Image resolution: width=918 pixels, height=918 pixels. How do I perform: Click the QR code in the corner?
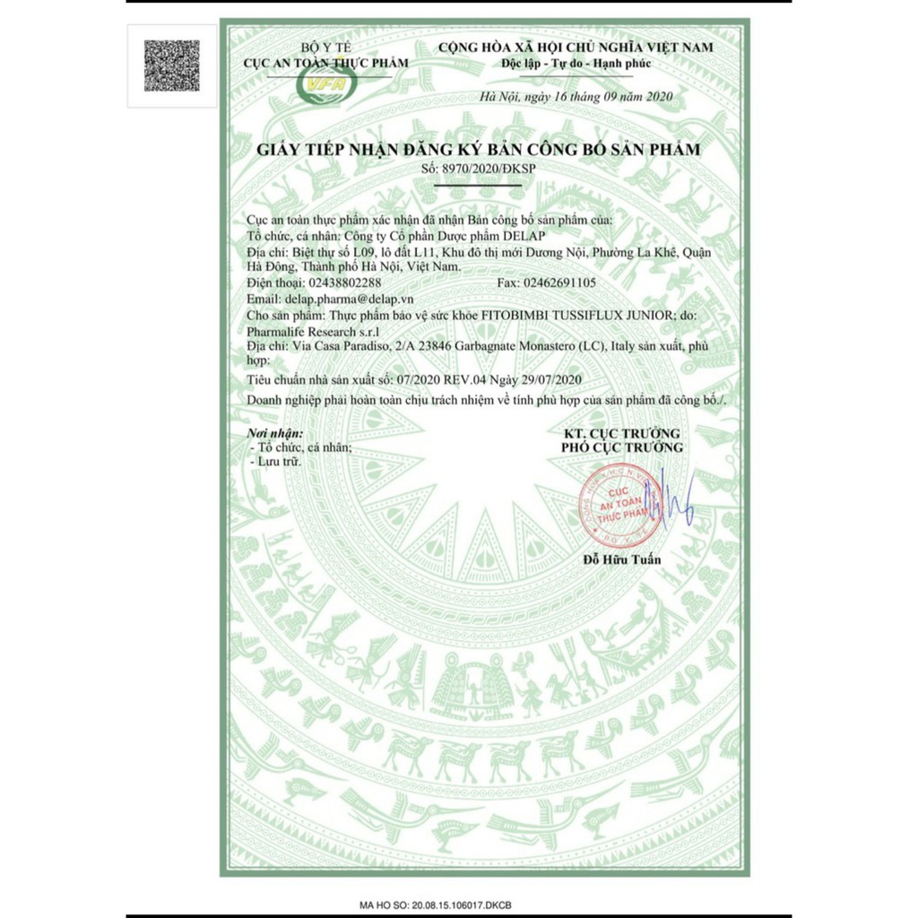pyautogui.click(x=172, y=65)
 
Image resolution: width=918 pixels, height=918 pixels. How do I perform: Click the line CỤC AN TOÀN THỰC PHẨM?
pyautogui.click(x=326, y=62)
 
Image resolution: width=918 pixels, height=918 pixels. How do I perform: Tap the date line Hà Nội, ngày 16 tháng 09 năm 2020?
pyautogui.click(x=576, y=96)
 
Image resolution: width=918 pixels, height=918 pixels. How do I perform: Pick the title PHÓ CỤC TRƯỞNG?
pyautogui.click(x=621, y=446)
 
